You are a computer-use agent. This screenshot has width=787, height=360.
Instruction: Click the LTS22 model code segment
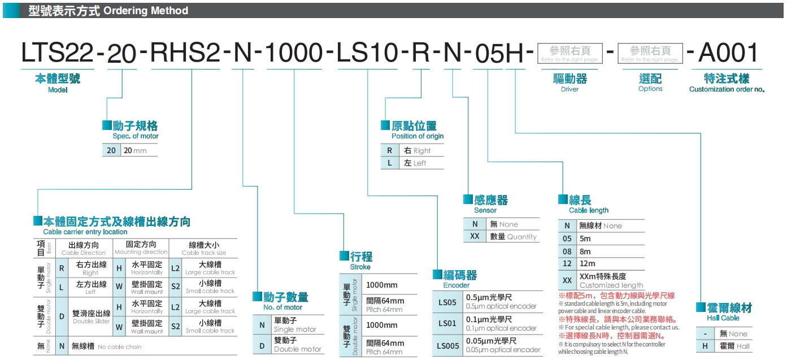click(x=57, y=54)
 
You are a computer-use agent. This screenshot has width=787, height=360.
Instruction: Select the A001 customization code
click(x=728, y=54)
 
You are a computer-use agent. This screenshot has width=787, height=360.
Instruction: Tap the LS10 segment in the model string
click(x=368, y=54)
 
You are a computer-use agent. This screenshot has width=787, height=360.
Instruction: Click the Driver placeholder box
click(x=569, y=54)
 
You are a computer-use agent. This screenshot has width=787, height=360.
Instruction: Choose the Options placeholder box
click(x=650, y=54)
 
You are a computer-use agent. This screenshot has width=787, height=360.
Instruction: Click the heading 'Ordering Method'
click(x=146, y=11)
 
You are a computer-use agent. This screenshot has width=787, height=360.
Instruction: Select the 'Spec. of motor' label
click(x=136, y=136)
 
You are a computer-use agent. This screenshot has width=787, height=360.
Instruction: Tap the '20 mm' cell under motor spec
click(x=135, y=150)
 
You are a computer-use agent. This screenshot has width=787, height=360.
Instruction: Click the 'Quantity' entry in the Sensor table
click(x=514, y=237)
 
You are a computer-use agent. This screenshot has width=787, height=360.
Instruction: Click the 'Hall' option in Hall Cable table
click(x=734, y=346)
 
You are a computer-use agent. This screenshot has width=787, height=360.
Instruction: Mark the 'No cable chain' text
click(x=119, y=346)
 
